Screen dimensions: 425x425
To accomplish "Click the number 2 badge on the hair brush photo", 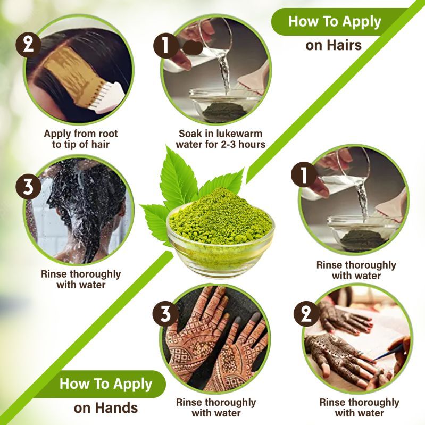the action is click(x=28, y=45).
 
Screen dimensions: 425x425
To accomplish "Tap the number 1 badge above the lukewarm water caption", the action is click(x=166, y=46).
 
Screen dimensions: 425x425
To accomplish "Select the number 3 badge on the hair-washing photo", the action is click(x=28, y=187).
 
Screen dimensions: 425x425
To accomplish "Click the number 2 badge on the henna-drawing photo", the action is click(x=306, y=314).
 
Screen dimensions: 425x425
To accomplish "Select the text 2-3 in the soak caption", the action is click(x=228, y=145).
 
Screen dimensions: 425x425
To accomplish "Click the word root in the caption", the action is click(x=108, y=134).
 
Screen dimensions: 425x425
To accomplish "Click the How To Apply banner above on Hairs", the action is click(x=335, y=22).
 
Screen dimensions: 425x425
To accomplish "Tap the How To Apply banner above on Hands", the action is click(x=106, y=384).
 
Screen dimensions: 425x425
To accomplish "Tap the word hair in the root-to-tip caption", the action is click(x=101, y=145).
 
